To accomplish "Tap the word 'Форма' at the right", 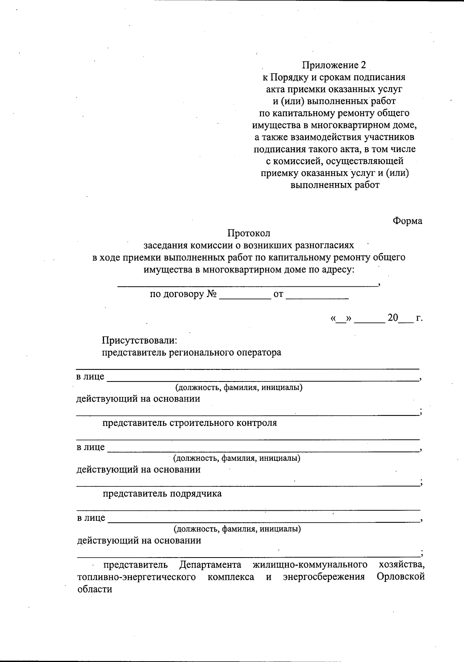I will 407,221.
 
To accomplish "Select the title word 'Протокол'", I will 249,233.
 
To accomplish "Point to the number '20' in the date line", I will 393,318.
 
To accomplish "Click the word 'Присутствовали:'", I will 140,341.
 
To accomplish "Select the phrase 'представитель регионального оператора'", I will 191,353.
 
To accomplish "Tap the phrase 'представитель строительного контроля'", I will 189,423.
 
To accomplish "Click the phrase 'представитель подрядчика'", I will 162,494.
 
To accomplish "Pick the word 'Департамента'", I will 210,565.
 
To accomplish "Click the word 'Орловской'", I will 401,577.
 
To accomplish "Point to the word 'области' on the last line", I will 95,589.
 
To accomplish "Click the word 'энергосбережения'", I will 324,577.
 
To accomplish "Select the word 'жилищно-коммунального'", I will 310,565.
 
